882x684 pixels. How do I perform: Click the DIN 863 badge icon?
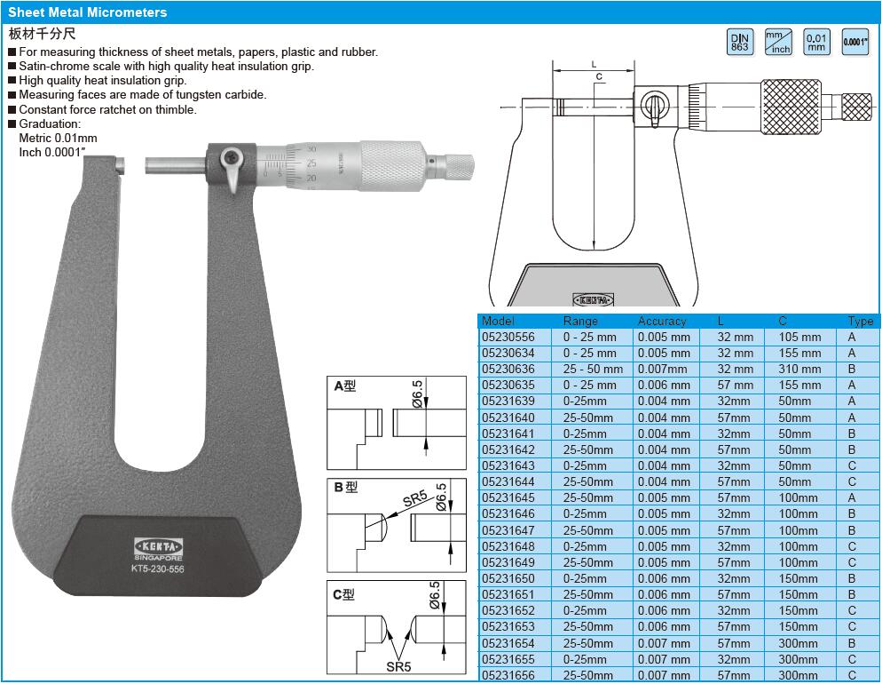click(740, 42)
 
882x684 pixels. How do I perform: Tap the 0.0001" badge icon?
click(855, 42)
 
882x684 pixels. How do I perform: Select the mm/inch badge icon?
click(778, 42)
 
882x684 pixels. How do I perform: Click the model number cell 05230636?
click(508, 370)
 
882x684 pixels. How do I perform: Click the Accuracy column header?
click(662, 321)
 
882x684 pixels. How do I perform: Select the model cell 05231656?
click(508, 675)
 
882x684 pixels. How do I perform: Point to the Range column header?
click(580, 321)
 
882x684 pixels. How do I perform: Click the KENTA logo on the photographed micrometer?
click(158, 546)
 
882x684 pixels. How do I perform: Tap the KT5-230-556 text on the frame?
click(158, 569)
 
